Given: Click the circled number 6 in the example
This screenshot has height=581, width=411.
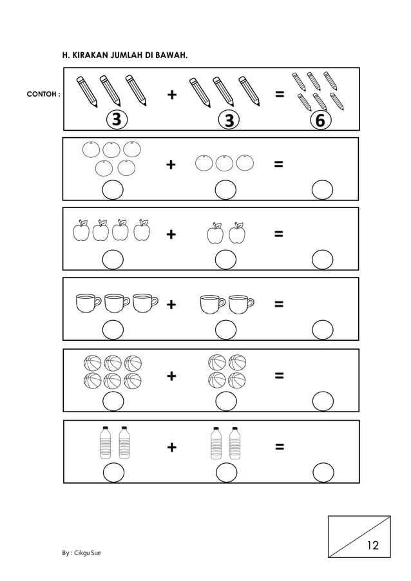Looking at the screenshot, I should pos(320,120).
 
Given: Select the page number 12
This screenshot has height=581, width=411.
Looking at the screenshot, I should pos(372,546).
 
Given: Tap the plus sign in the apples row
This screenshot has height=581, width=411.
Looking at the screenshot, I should pos(171,234).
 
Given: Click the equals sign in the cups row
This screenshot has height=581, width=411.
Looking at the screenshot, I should pos(278,304).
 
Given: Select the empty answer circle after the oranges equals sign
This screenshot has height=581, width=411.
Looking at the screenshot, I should pos(322,190).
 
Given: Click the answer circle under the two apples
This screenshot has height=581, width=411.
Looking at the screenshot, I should pos(225,260).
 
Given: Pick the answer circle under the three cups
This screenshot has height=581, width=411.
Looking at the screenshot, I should pos(113,330).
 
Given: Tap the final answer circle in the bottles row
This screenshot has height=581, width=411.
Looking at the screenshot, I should pos(323,471).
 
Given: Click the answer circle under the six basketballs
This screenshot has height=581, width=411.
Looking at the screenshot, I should pos(113,401).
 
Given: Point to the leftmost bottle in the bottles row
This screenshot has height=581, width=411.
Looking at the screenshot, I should pos(105,443).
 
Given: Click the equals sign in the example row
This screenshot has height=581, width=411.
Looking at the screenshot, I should pos(278,95).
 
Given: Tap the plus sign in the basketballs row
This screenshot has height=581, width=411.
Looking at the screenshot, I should pos(171,376).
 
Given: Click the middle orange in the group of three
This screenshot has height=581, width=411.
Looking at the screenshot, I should pos(224,164).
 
